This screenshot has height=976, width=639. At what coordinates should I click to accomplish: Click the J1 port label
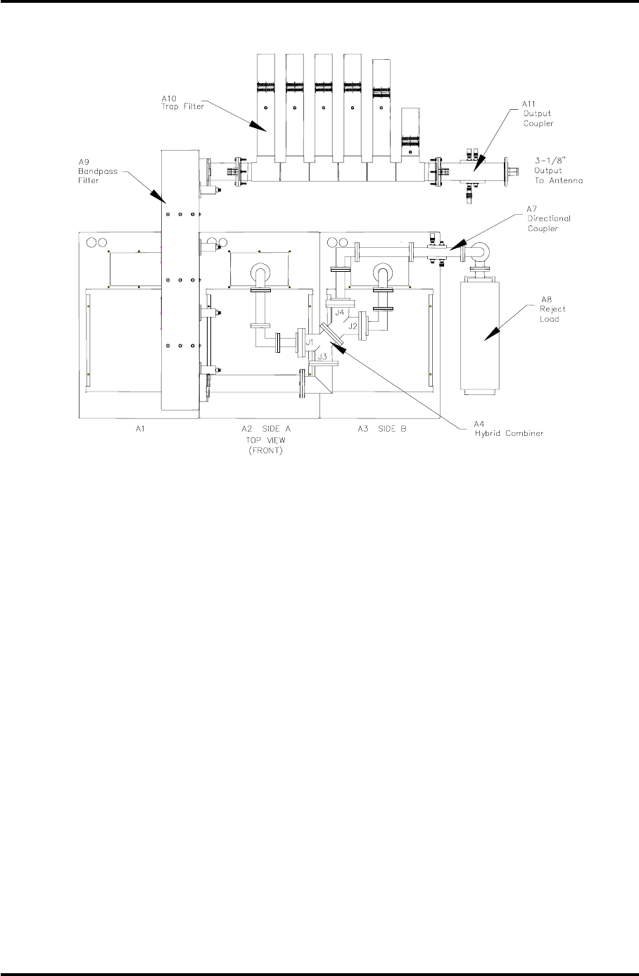[309, 343]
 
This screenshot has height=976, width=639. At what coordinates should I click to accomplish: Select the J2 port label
[354, 326]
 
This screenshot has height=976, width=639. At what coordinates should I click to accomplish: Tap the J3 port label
[322, 358]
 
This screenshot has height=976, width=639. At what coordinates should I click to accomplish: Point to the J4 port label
[339, 312]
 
